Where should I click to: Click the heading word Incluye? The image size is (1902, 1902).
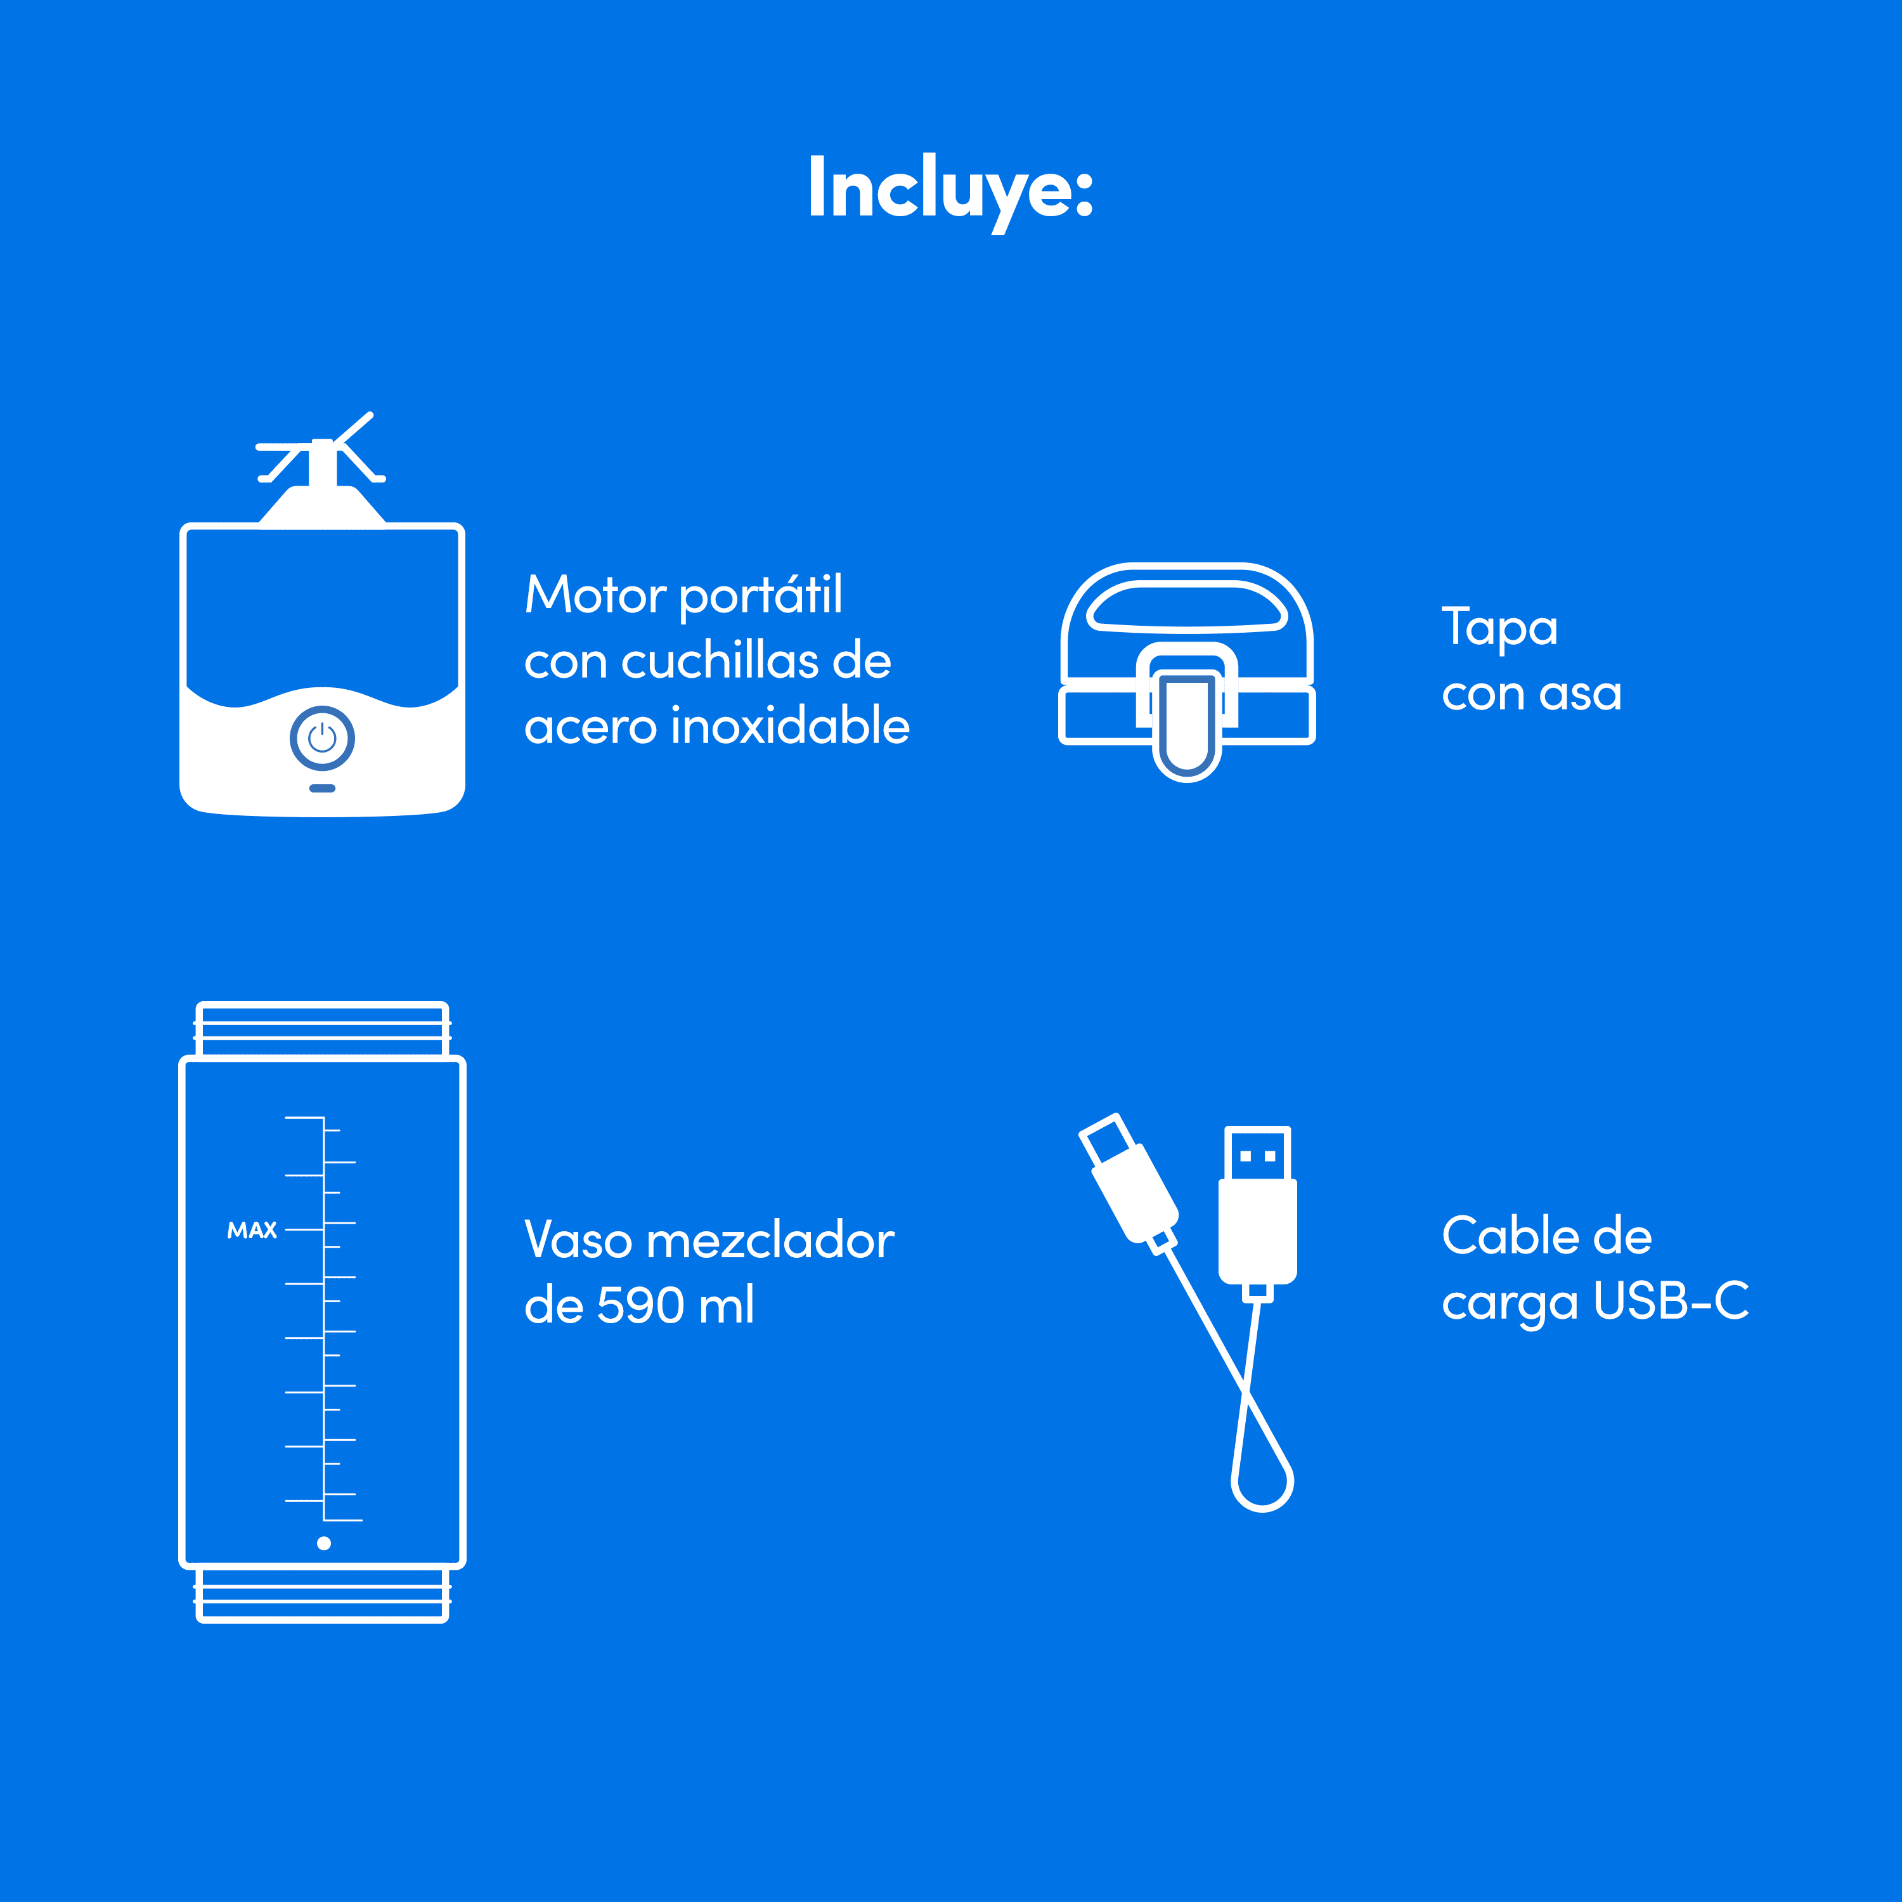pyautogui.click(x=950, y=190)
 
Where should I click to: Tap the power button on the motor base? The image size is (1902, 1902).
pyautogui.click(x=322, y=737)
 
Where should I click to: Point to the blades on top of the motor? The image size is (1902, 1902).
pyautogui.click(x=321, y=449)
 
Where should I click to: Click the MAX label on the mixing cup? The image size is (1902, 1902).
pyautogui.click(x=252, y=1231)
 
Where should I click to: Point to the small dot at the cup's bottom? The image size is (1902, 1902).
pyautogui.click(x=324, y=1543)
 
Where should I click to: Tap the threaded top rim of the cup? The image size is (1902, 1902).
pyautogui.click(x=323, y=1030)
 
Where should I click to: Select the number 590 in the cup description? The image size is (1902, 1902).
pyautogui.click(x=640, y=1305)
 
